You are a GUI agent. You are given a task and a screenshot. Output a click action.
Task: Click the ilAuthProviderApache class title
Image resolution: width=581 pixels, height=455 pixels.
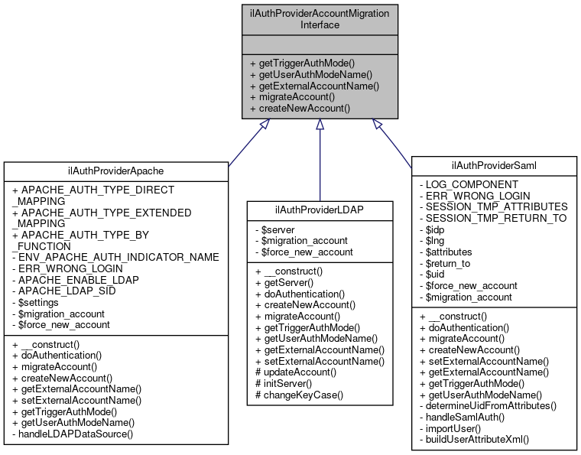[x=116, y=170]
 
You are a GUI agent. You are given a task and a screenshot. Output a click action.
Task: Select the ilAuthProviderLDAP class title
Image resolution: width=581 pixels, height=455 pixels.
[x=320, y=208]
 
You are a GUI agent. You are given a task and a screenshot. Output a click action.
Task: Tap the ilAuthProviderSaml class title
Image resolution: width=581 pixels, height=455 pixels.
[x=495, y=164]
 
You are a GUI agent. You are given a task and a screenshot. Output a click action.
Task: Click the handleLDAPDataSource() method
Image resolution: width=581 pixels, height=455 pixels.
[x=73, y=434]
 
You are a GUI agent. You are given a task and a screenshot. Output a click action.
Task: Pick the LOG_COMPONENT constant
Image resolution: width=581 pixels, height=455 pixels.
[x=472, y=184]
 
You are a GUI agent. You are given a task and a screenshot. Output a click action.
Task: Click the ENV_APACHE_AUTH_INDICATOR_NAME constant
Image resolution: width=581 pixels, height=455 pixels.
[x=116, y=256]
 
